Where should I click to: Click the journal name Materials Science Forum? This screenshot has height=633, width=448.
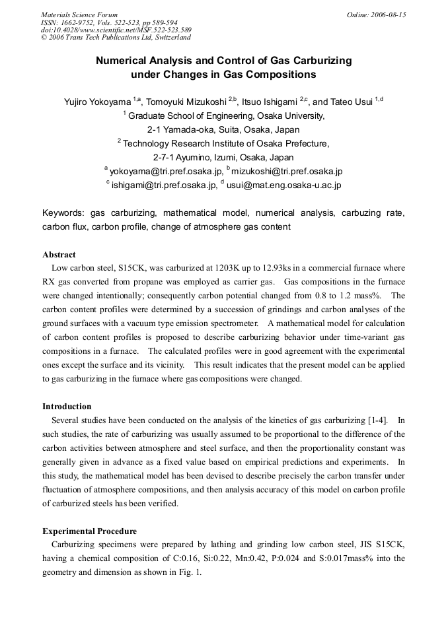79,15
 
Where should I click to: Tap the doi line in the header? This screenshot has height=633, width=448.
116,30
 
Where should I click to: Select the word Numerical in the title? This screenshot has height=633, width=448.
121,61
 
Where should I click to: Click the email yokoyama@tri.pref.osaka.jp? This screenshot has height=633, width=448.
165,172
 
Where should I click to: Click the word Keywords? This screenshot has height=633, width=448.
63,213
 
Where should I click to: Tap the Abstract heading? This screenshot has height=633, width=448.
59,254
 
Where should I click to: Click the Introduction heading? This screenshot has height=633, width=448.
67,406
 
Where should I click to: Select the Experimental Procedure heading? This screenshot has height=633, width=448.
89,531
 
